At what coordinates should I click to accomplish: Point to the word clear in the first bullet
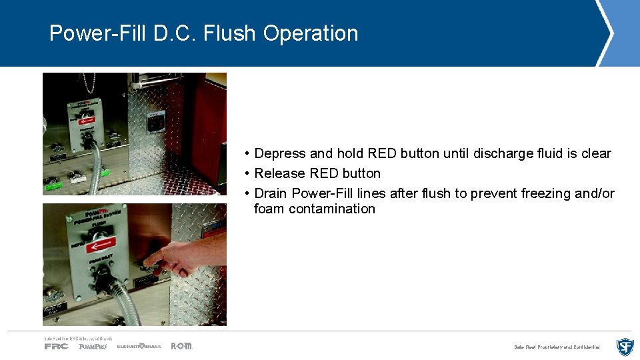pyautogui.click(x=596, y=153)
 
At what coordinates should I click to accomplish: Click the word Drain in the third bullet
pyautogui.click(x=271, y=193)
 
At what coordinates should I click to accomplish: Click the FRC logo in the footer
pyautogui.click(x=56, y=346)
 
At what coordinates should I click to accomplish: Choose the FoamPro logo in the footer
pyautogui.click(x=93, y=346)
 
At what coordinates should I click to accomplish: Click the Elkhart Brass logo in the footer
pyautogui.click(x=139, y=346)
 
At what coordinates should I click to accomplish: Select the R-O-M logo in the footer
pyautogui.click(x=181, y=346)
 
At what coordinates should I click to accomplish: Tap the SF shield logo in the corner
pyautogui.click(x=625, y=347)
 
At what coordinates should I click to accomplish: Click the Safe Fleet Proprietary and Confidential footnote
pyautogui.click(x=557, y=347)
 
